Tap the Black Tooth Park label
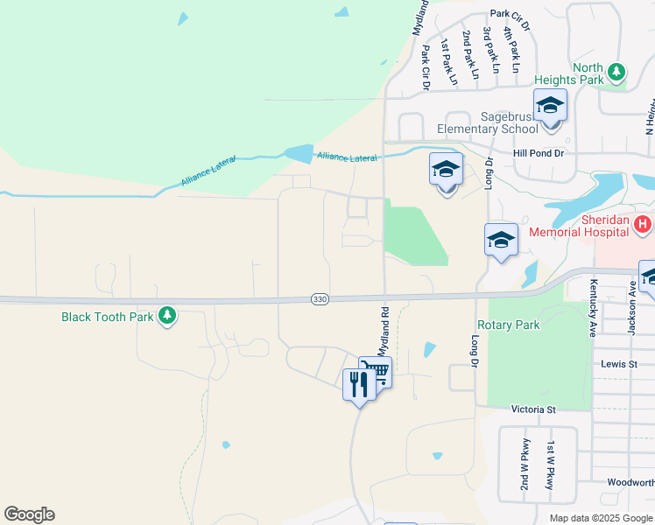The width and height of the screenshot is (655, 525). tap(108, 317)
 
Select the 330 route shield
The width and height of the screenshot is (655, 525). tap(320, 299)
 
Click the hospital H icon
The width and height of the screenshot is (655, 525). tap(643, 225)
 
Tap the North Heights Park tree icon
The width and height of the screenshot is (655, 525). tap(616, 70)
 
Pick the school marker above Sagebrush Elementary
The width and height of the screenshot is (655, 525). tap(550, 106)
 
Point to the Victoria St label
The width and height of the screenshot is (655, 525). tap(533, 409)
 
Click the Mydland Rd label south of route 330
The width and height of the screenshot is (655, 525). tap(383, 331)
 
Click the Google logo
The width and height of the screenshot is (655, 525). tap(29, 514)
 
